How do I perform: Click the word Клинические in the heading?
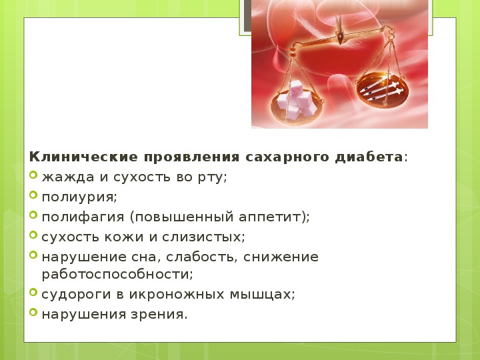tap(83, 157)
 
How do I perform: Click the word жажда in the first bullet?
tap(68, 177)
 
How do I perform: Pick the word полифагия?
tap(83, 217)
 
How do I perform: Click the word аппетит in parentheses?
tap(270, 217)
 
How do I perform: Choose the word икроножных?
tap(177, 295)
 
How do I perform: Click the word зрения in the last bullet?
tap(159, 315)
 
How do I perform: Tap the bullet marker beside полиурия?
tap(33, 195)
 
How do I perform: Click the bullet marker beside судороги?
tap(33, 293)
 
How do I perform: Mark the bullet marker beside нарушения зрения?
tap(33, 312)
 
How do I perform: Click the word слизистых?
tap(203, 237)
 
